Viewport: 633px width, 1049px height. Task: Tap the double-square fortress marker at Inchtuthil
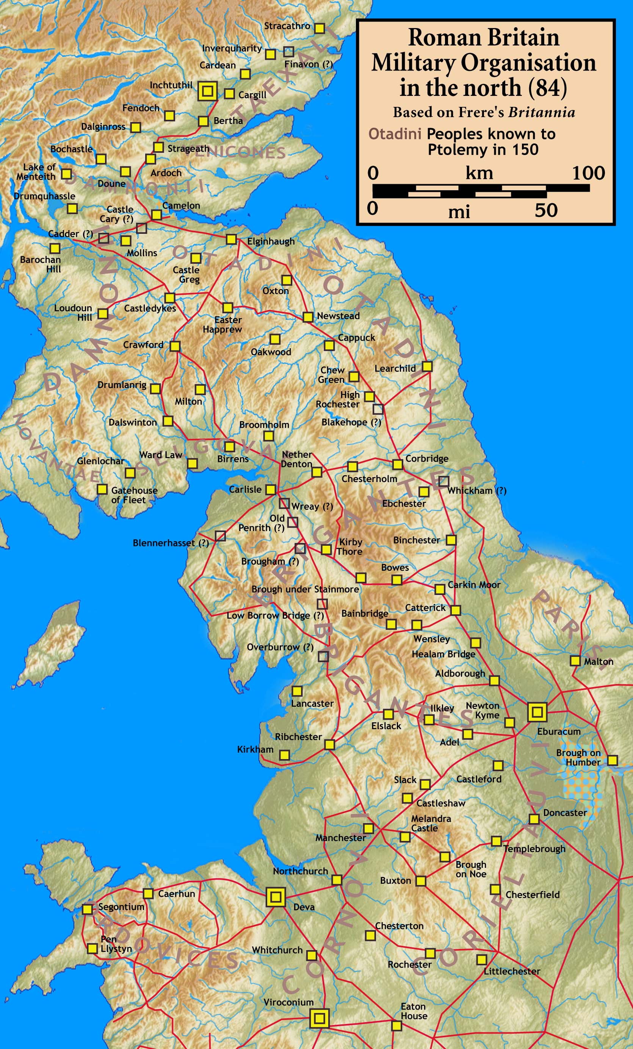coord(208,91)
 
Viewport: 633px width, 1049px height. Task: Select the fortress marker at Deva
coord(276,897)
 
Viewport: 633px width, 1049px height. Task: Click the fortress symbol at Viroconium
coord(319,1019)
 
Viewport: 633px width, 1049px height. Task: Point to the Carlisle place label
coord(245,490)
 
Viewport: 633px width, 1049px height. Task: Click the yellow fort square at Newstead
coord(308,317)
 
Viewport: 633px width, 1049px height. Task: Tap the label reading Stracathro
coord(287,26)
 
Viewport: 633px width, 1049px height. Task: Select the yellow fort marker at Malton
coord(575,661)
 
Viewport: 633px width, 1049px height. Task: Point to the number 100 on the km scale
coord(588,173)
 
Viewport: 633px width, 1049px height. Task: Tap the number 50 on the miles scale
coord(546,210)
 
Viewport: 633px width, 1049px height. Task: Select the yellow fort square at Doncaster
coord(534,819)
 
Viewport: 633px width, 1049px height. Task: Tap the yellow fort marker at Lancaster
coord(297,690)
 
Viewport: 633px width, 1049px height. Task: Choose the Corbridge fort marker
coord(398,464)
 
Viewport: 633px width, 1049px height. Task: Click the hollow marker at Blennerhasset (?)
coord(220,536)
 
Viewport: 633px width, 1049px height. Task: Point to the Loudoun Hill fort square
coord(103,314)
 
